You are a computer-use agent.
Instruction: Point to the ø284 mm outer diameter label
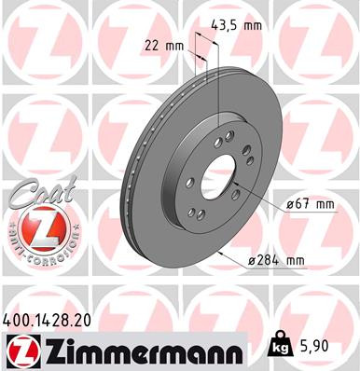(276, 264)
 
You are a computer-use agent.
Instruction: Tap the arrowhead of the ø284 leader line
(216, 250)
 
